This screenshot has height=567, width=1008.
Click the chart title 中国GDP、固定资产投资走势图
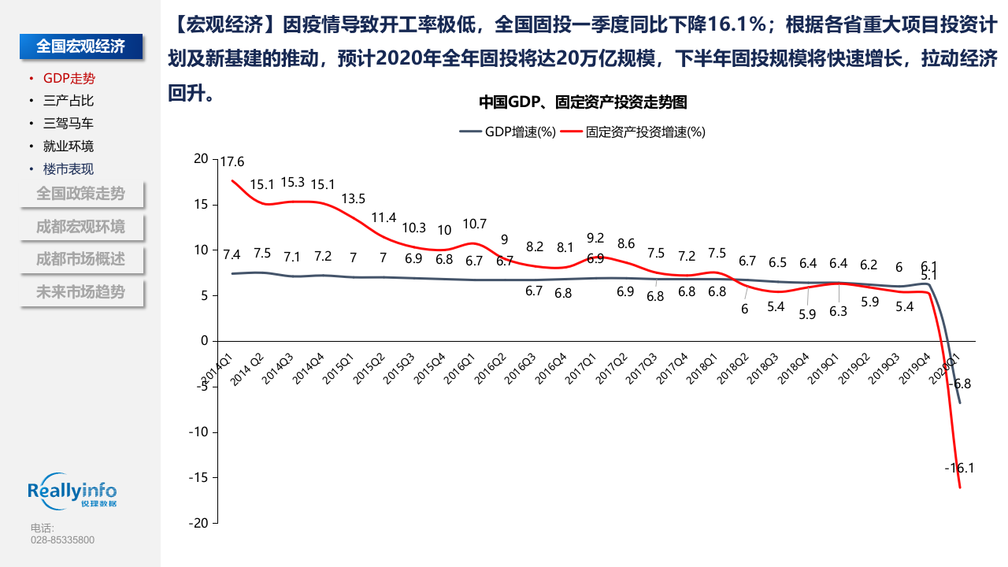coord(584,102)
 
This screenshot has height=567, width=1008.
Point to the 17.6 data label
coord(232,162)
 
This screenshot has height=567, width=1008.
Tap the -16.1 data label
coord(959,468)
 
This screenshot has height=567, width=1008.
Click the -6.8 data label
coord(962,384)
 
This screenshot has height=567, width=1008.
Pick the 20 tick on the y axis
coord(201,159)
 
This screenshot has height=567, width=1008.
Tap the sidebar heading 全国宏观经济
coord(81,46)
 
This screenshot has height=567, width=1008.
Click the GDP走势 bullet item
coord(69,78)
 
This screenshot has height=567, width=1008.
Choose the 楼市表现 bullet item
coord(69,169)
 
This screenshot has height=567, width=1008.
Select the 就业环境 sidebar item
coord(69,146)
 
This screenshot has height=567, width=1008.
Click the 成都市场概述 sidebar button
coord(80,259)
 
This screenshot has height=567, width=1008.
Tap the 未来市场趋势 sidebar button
coord(80,292)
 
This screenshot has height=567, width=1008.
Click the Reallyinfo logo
coord(72,492)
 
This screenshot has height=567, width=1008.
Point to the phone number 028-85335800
coord(62,540)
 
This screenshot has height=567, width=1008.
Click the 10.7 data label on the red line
coord(475,224)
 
